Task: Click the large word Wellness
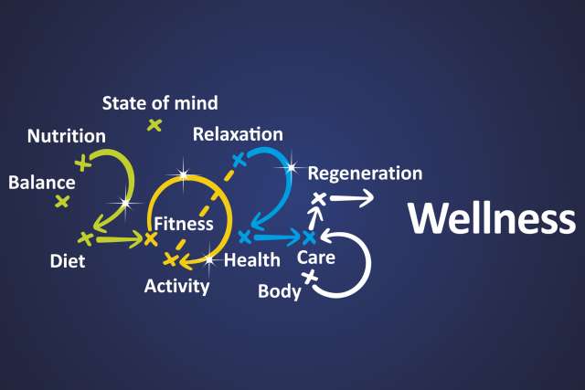[x=491, y=219]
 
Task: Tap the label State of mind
[x=160, y=103]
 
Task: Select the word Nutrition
[x=66, y=137]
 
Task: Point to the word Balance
[x=41, y=182]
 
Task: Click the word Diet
[x=68, y=262]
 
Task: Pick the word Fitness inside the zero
[x=184, y=223]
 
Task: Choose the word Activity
[x=176, y=286]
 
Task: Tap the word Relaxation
[x=238, y=134]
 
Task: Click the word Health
[x=251, y=260]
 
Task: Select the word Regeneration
[x=365, y=173]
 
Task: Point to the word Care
[x=315, y=258]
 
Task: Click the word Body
[x=280, y=292]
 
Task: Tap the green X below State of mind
[x=154, y=124]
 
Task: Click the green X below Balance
[x=62, y=201]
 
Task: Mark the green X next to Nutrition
[x=83, y=163]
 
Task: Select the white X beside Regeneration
[x=318, y=198]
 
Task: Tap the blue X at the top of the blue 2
[x=239, y=160]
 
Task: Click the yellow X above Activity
[x=170, y=260]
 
